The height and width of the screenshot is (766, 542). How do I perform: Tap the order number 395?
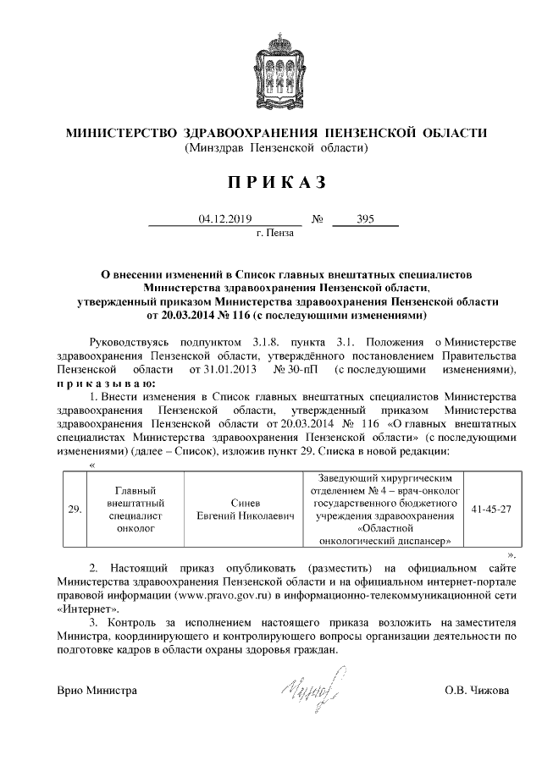click(366, 218)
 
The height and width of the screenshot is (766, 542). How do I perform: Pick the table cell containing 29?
click(74, 509)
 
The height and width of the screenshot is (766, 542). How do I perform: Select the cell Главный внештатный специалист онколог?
click(136, 509)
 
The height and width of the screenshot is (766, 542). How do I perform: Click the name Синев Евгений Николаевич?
click(240, 509)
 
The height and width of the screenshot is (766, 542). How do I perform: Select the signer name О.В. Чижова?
click(477, 691)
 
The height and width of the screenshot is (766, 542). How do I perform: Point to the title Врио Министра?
click(97, 691)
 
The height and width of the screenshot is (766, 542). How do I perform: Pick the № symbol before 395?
click(318, 218)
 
